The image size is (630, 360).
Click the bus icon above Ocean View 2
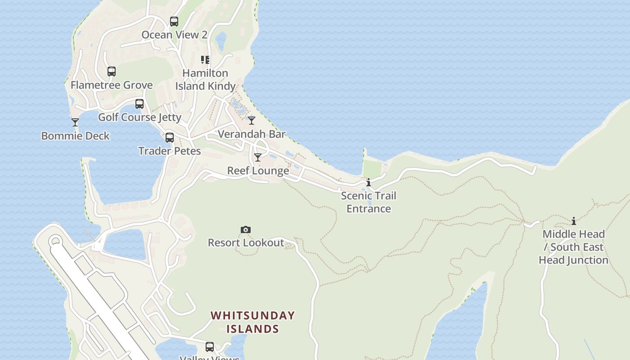point(174,21)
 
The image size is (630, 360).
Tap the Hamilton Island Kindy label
point(205,80)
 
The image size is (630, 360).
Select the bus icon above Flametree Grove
point(112,72)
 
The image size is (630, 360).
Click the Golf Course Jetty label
point(139,117)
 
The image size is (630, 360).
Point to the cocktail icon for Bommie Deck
point(75,122)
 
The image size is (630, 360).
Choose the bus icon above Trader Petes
point(169,138)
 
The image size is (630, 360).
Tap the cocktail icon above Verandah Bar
point(252,121)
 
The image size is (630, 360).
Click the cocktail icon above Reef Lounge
point(258,157)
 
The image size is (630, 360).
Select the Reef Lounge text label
point(258,171)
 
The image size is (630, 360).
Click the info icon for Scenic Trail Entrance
point(369,182)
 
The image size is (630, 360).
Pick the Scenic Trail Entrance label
point(369,202)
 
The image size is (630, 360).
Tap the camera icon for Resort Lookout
point(245,230)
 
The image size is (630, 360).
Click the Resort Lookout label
point(246,243)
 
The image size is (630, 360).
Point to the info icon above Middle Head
point(573,221)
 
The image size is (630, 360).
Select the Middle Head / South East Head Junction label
point(573,247)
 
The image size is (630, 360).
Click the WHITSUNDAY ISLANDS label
point(252,322)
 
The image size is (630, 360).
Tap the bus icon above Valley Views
point(210,347)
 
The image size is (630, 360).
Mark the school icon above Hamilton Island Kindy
point(205,60)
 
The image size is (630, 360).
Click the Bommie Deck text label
point(75,136)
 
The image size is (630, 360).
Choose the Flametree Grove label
point(112,85)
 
